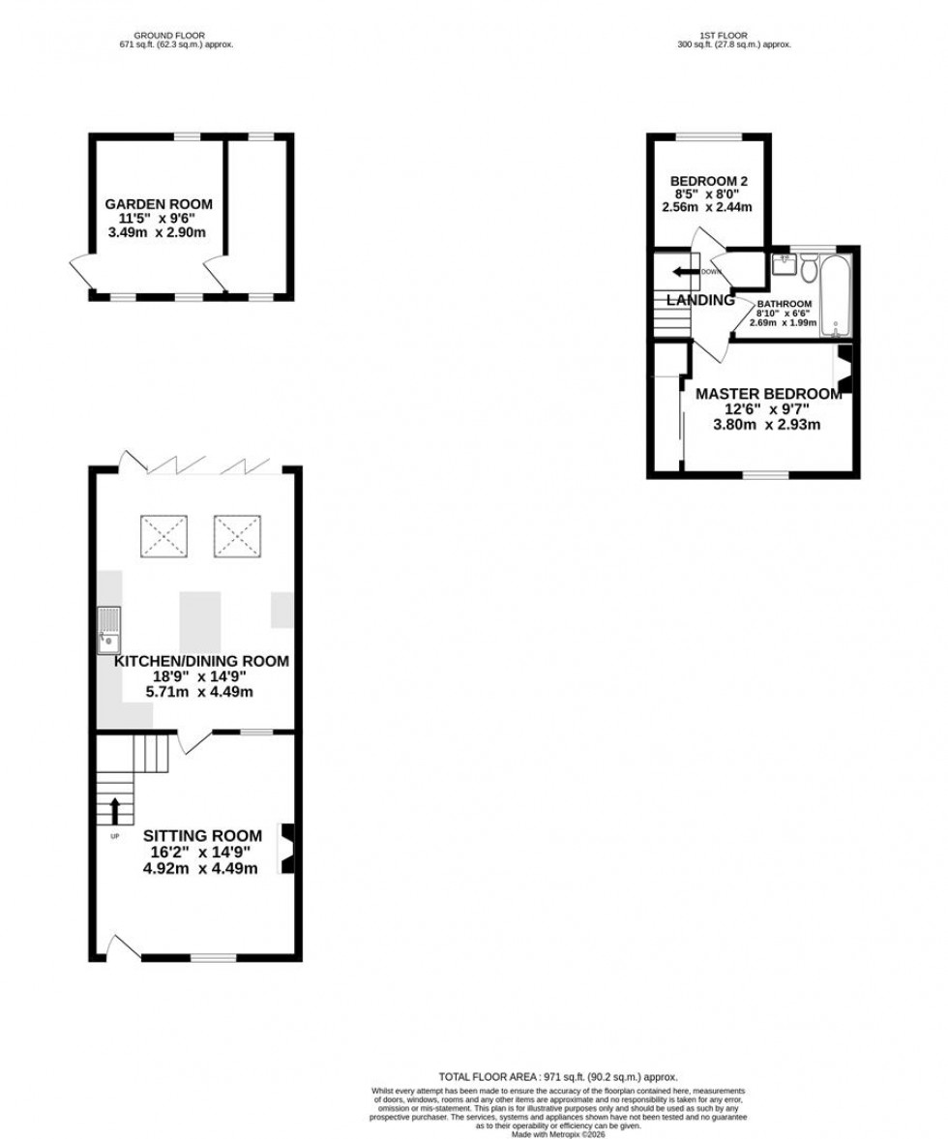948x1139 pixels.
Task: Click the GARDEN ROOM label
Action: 159,204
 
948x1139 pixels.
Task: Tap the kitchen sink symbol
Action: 108,627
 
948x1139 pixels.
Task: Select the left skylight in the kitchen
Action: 163,536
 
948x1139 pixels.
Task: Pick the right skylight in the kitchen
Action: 237,536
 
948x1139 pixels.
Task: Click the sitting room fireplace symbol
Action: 287,849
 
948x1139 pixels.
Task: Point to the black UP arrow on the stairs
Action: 115,810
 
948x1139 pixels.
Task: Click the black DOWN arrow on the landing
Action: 686,272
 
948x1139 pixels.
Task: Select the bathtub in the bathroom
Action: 834,295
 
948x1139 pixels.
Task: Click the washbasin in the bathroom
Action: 783,262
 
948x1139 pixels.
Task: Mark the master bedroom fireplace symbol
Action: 844,370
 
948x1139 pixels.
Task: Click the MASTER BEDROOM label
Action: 769,394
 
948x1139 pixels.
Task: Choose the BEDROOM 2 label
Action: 708,181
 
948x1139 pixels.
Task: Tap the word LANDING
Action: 700,301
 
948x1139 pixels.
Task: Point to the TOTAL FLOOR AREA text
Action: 558,1076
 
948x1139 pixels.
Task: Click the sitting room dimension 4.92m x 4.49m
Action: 201,869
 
